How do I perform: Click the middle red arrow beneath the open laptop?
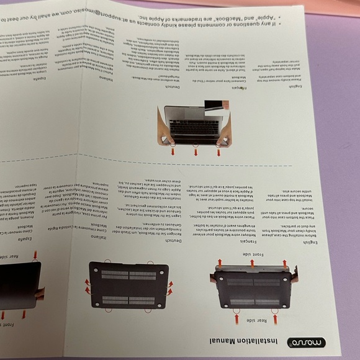point(196,151)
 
